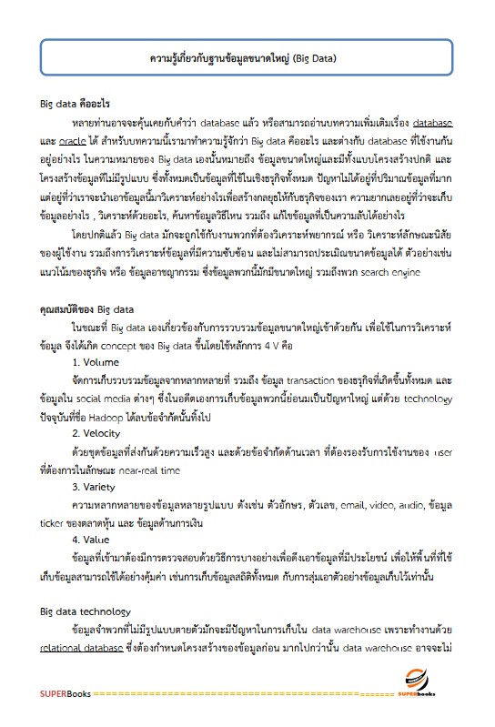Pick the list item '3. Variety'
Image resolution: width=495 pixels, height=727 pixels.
(x=97, y=487)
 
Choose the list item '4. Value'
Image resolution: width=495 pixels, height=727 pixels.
(x=94, y=540)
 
